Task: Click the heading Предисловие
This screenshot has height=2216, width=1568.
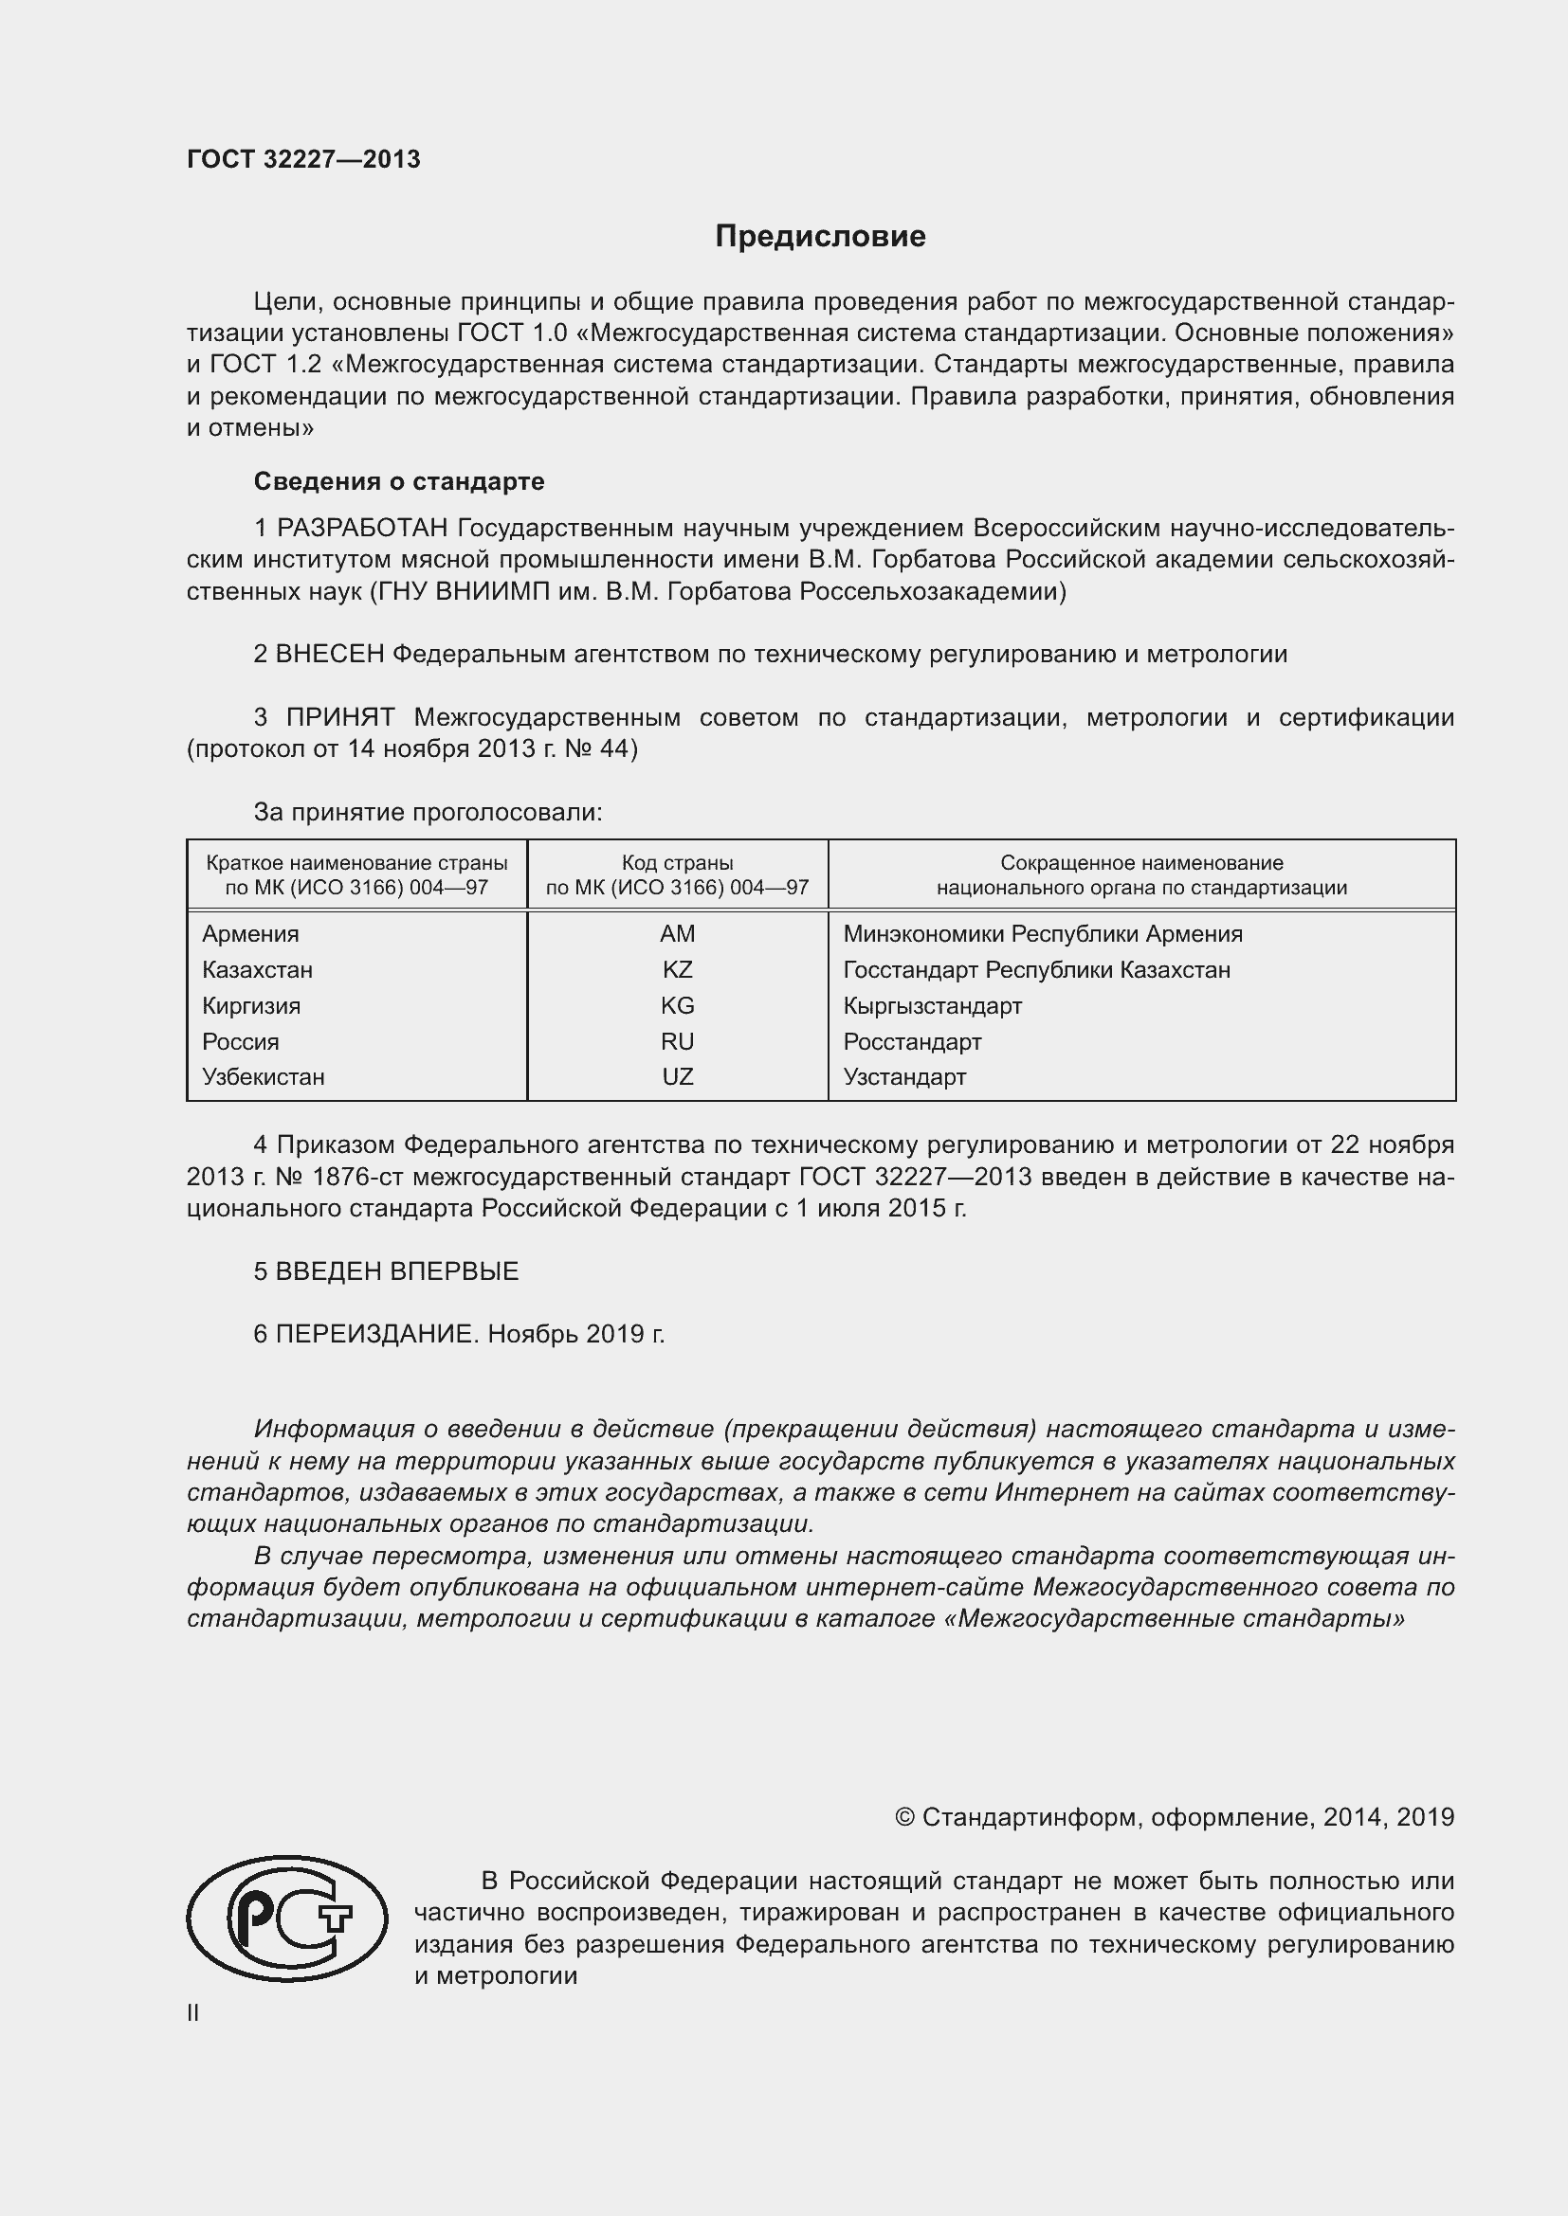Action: pos(820,237)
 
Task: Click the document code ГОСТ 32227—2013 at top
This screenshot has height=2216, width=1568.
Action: pos(303,159)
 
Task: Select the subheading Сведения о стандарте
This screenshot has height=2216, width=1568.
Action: pos(399,480)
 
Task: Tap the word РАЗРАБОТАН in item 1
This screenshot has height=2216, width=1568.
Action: pos(362,528)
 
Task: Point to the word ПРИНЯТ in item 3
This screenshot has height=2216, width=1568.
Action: pos(340,717)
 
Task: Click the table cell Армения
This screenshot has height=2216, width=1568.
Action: pos(250,933)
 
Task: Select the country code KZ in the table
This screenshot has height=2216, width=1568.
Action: pos(677,969)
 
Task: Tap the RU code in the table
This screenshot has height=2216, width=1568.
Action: pos(677,1041)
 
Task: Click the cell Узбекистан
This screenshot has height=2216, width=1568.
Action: pos(263,1076)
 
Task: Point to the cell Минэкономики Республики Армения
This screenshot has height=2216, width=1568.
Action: pos(1042,933)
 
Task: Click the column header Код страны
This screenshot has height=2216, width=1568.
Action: pos(677,863)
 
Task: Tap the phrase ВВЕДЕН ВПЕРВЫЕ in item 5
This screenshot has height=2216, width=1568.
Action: pos(397,1271)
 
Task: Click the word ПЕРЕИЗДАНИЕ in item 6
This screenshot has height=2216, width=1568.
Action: pos(376,1334)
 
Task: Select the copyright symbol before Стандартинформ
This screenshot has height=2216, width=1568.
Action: pos(903,1817)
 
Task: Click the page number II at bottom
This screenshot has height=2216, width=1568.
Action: pos(193,2012)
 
